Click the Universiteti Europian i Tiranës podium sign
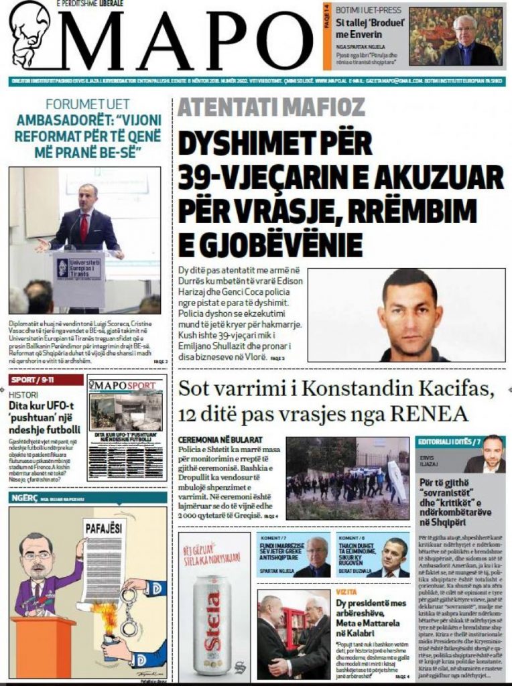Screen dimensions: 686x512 click(79, 268)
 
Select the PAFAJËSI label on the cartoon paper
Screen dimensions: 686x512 click(104, 529)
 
